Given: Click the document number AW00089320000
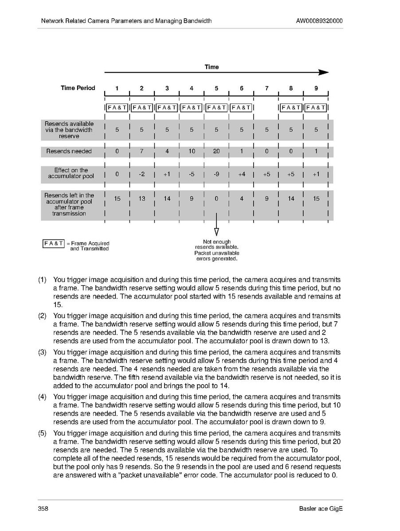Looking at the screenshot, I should [x=319, y=21].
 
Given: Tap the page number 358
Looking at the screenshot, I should [x=43, y=509].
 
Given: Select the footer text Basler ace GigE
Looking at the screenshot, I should [x=321, y=509].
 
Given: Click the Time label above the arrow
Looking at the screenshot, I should [x=212, y=67].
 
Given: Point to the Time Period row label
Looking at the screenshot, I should [x=78, y=88].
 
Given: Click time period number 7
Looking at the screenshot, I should [x=267, y=88].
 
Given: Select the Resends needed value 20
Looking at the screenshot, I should [x=216, y=151].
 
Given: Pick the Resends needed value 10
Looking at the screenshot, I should [x=192, y=151].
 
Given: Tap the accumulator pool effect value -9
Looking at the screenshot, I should [x=216, y=174].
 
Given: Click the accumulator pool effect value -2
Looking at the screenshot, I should [x=141, y=174].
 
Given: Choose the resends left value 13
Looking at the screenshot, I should [x=141, y=199].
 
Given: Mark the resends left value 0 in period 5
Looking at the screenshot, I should [x=216, y=199].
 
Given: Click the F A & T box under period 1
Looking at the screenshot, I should [x=117, y=107].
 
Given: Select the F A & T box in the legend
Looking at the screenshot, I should [x=53, y=243].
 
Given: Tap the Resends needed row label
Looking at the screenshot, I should [x=69, y=151].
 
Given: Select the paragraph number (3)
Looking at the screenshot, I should [x=42, y=352].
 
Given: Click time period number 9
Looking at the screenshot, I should [x=316, y=88].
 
